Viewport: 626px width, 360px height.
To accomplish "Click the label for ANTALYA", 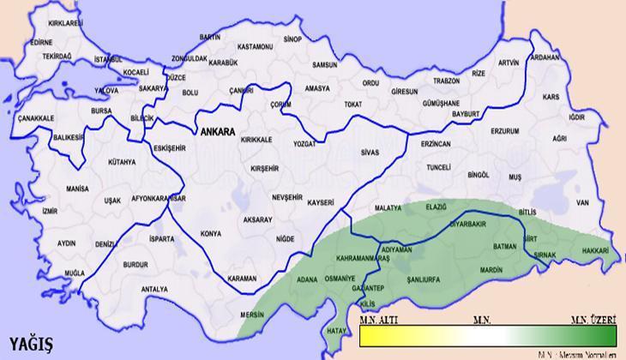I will pyautogui.click(x=153, y=289).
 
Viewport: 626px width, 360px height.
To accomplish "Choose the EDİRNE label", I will pyautogui.click(x=40, y=41).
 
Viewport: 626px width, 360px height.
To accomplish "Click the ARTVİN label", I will pyautogui.click(x=509, y=63).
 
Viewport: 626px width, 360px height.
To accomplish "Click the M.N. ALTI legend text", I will pyautogui.click(x=377, y=319).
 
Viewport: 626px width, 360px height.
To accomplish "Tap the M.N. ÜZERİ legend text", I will pyautogui.click(x=593, y=319).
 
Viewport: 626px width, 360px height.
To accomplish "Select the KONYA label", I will pyautogui.click(x=209, y=233).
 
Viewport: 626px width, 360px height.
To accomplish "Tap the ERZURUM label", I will pyautogui.click(x=505, y=131).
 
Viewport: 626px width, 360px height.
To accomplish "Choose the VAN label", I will pyautogui.click(x=583, y=202).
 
